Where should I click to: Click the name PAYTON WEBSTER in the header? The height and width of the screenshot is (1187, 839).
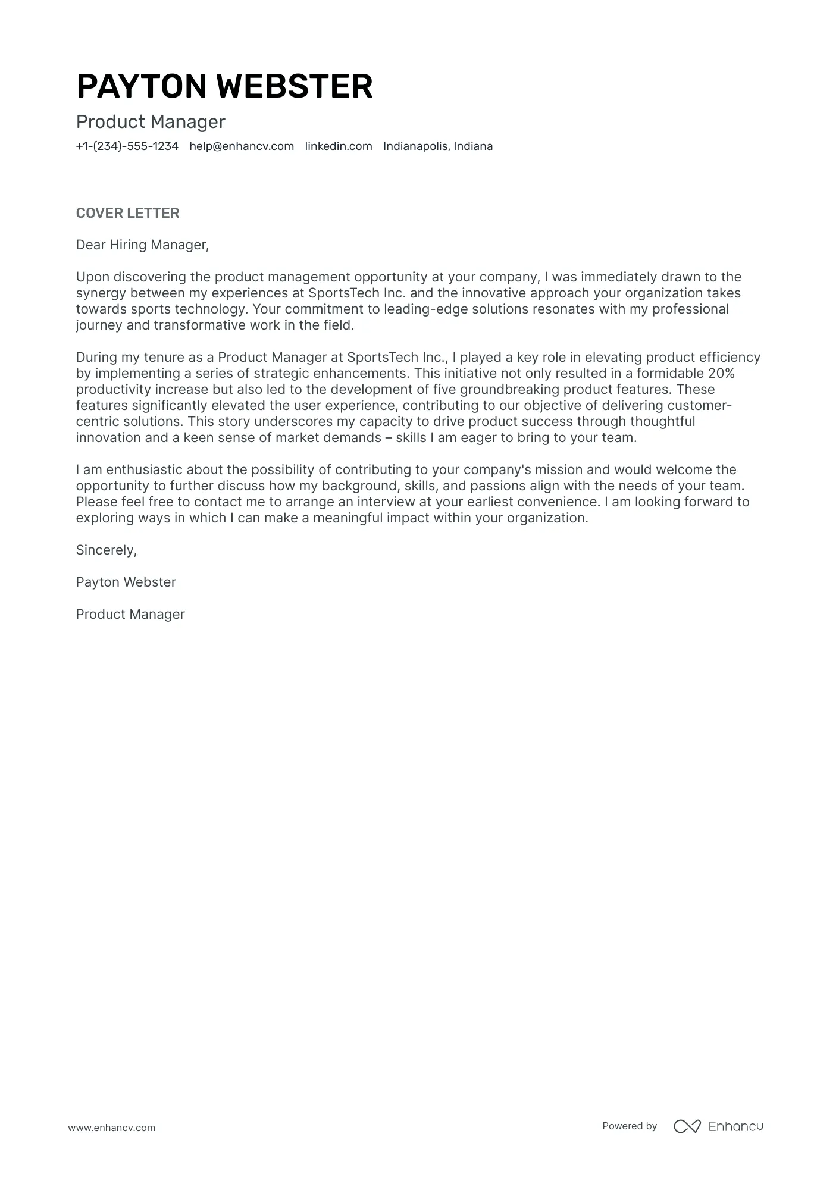click(x=224, y=86)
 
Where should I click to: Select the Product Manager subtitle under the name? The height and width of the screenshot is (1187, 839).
click(x=151, y=122)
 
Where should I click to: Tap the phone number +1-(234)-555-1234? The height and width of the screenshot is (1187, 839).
click(x=127, y=146)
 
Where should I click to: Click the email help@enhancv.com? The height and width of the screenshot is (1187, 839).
click(x=242, y=146)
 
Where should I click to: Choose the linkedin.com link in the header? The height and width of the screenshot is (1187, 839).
click(x=339, y=146)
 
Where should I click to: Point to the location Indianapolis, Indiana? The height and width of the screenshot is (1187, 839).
click(x=438, y=146)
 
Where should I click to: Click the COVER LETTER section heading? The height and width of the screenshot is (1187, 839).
click(x=127, y=213)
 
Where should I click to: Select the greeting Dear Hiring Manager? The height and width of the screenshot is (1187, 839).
click(x=142, y=245)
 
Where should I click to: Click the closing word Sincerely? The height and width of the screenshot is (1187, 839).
click(x=106, y=550)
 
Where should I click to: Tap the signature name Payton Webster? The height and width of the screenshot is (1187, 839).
click(x=126, y=582)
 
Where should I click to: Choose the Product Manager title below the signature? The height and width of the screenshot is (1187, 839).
click(x=130, y=615)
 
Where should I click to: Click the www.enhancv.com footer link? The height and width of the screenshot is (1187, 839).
click(x=111, y=1128)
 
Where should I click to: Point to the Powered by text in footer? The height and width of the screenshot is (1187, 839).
click(x=629, y=1126)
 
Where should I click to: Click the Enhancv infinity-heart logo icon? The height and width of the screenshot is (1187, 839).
click(x=687, y=1126)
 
